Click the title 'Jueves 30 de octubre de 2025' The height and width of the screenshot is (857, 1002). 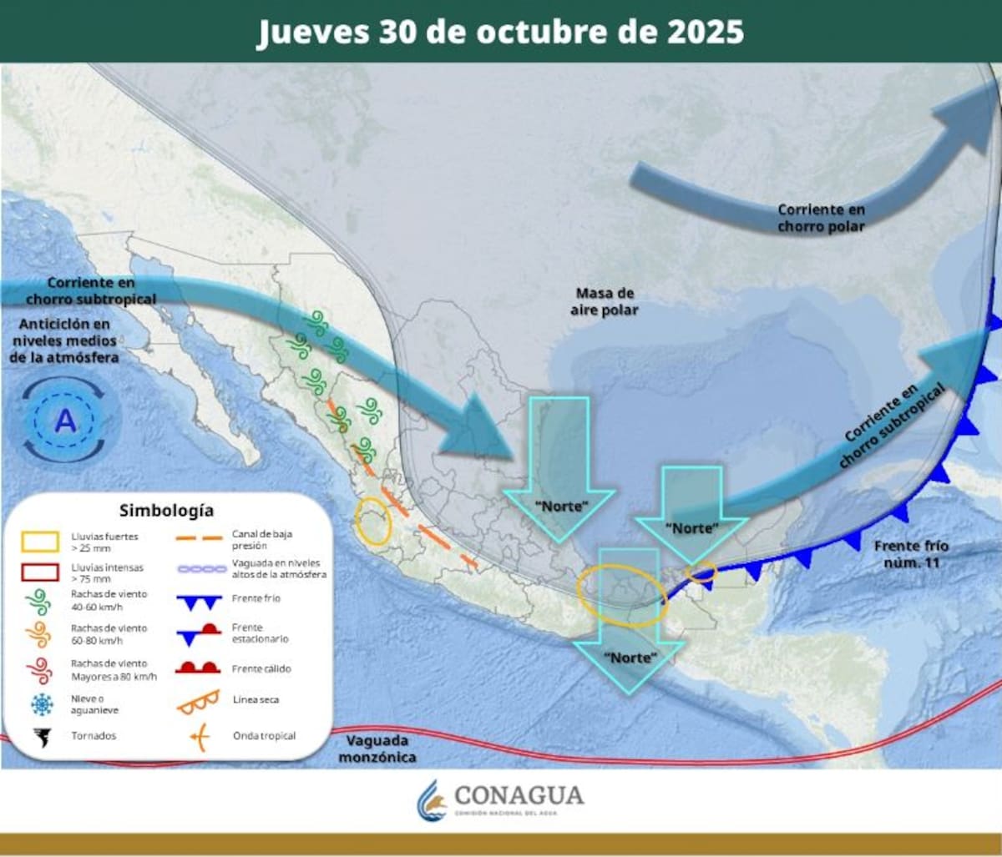tap(500, 32)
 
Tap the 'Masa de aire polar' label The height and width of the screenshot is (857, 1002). tap(606, 301)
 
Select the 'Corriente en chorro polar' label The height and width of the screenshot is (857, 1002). tap(821, 218)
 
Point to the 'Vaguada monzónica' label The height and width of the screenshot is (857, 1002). tap(377, 748)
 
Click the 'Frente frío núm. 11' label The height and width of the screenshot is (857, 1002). tap(912, 553)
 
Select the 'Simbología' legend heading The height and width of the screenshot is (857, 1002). tap(166, 510)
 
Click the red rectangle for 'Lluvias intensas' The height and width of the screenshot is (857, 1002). tap(40, 572)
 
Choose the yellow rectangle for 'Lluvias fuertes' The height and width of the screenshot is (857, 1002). tap(40, 542)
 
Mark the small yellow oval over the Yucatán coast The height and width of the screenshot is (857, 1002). tap(701, 572)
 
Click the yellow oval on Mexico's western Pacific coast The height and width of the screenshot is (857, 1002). tap(373, 522)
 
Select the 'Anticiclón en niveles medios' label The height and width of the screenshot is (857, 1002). tap(65, 340)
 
